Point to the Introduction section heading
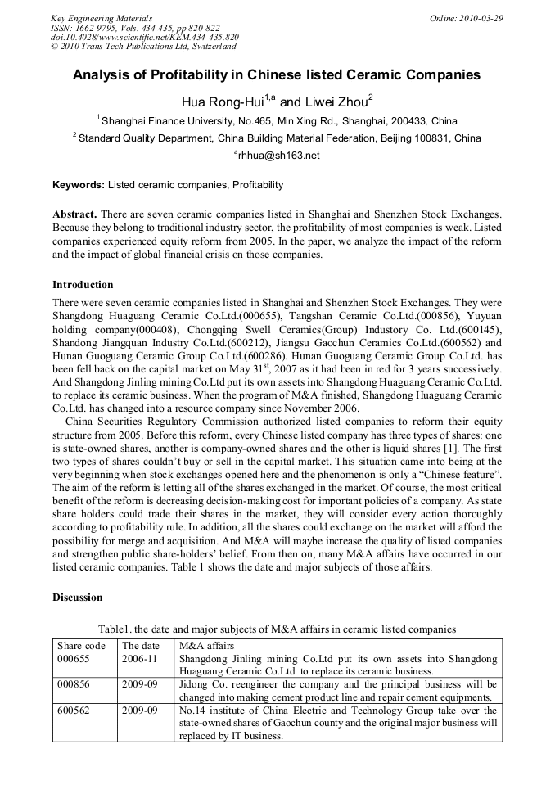pos(83,285)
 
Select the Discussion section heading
pos(78,598)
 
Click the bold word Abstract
pos(74,214)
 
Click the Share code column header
pos(81,646)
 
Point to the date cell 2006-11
pos(139,658)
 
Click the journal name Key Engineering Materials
pos(101,18)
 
